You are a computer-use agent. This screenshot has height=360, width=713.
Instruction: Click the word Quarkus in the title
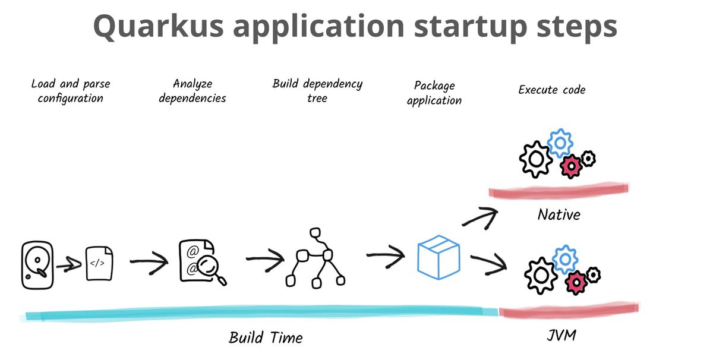coord(159,27)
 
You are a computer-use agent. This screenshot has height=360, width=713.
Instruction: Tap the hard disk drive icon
coord(37,265)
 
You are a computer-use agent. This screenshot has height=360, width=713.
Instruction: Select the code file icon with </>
coord(99,263)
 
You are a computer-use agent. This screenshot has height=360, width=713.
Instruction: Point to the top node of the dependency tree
coord(315,233)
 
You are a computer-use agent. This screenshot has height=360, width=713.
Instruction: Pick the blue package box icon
coord(438,257)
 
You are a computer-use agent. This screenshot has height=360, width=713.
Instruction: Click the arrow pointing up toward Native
coord(480,218)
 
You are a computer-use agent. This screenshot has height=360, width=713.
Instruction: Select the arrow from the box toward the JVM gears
coord(488,264)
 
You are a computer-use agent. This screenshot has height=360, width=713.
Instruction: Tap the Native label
coord(559,214)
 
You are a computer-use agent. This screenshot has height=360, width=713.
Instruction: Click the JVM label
coord(561,335)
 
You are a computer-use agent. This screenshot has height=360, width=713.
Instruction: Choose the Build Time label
coord(266,337)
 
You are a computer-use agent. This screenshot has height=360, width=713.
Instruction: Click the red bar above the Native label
coord(559,190)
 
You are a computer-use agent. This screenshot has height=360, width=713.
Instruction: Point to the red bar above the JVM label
coord(569,310)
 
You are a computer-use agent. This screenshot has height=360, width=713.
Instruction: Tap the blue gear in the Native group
coord(560,143)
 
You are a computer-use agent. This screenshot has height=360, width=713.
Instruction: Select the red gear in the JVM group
coord(576,282)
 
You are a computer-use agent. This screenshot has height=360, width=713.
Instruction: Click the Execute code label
coord(552,90)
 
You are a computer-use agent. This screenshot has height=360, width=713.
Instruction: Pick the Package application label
coord(434,93)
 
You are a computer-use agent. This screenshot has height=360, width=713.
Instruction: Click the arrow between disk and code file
coord(69,264)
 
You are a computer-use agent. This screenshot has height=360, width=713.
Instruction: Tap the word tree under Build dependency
coord(317,98)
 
